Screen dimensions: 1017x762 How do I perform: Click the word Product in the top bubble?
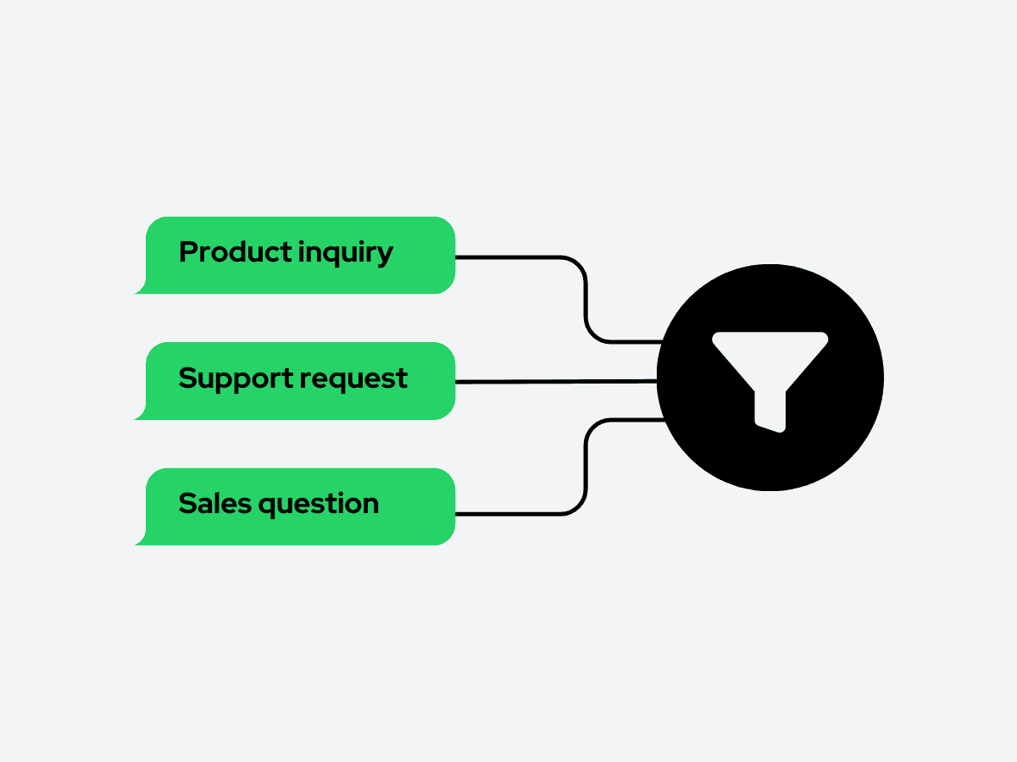pos(236,252)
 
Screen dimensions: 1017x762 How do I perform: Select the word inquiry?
pos(346,253)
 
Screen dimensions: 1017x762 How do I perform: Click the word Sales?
pos(215,504)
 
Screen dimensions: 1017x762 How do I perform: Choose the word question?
pos(319,505)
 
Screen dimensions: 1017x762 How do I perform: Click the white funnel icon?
pos(770,382)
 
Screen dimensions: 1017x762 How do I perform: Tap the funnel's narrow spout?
pos(770,411)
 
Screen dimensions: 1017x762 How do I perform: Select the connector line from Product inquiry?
pos(586,300)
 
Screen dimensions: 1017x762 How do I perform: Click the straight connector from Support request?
pos(556,382)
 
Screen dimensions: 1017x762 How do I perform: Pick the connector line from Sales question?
pos(586,467)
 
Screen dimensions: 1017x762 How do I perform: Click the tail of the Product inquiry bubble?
pos(141,289)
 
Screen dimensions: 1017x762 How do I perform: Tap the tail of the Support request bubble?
pos(141,415)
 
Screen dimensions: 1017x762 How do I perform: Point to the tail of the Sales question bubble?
pos(141,540)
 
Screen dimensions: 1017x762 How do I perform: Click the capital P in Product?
pos(188,252)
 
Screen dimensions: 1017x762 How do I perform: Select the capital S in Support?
pos(187,378)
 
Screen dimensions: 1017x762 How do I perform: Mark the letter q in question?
pos(268,507)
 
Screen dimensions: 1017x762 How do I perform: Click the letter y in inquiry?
pos(384,257)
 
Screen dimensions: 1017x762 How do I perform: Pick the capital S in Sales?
pos(187,504)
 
